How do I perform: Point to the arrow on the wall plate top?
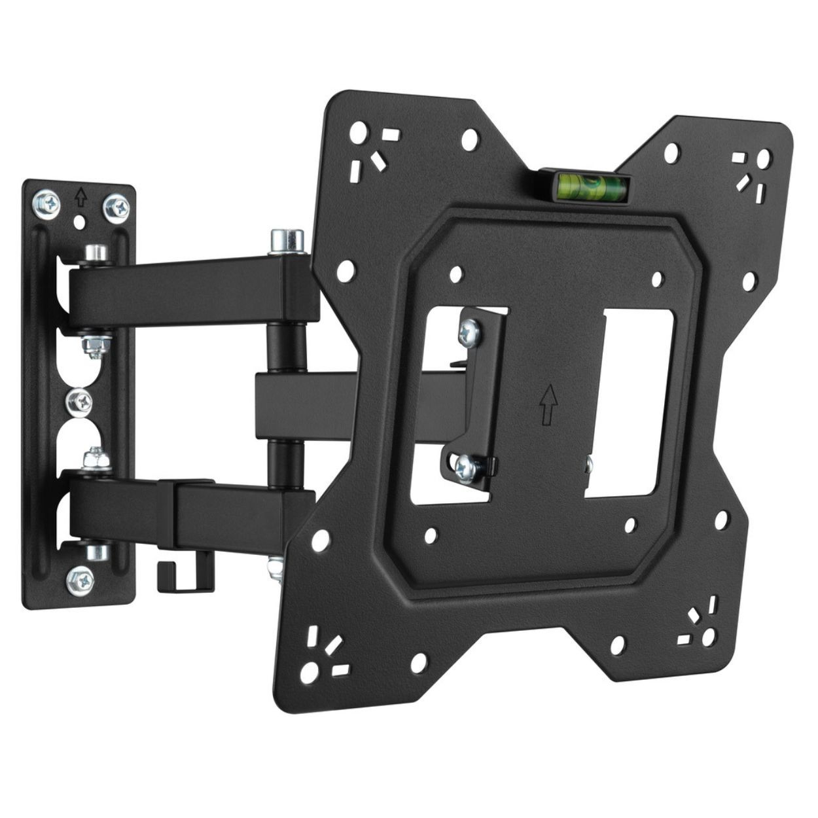pyautogui.click(x=80, y=196)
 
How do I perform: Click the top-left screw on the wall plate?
pyautogui.click(x=47, y=204)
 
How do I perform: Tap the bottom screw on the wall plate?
pyautogui.click(x=80, y=579)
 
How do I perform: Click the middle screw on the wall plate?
pyautogui.click(x=79, y=401)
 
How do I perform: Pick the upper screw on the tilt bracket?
pyautogui.click(x=469, y=332)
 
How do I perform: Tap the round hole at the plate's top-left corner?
pyautogui.click(x=358, y=133)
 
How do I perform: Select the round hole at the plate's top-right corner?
pyautogui.click(x=764, y=158)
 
